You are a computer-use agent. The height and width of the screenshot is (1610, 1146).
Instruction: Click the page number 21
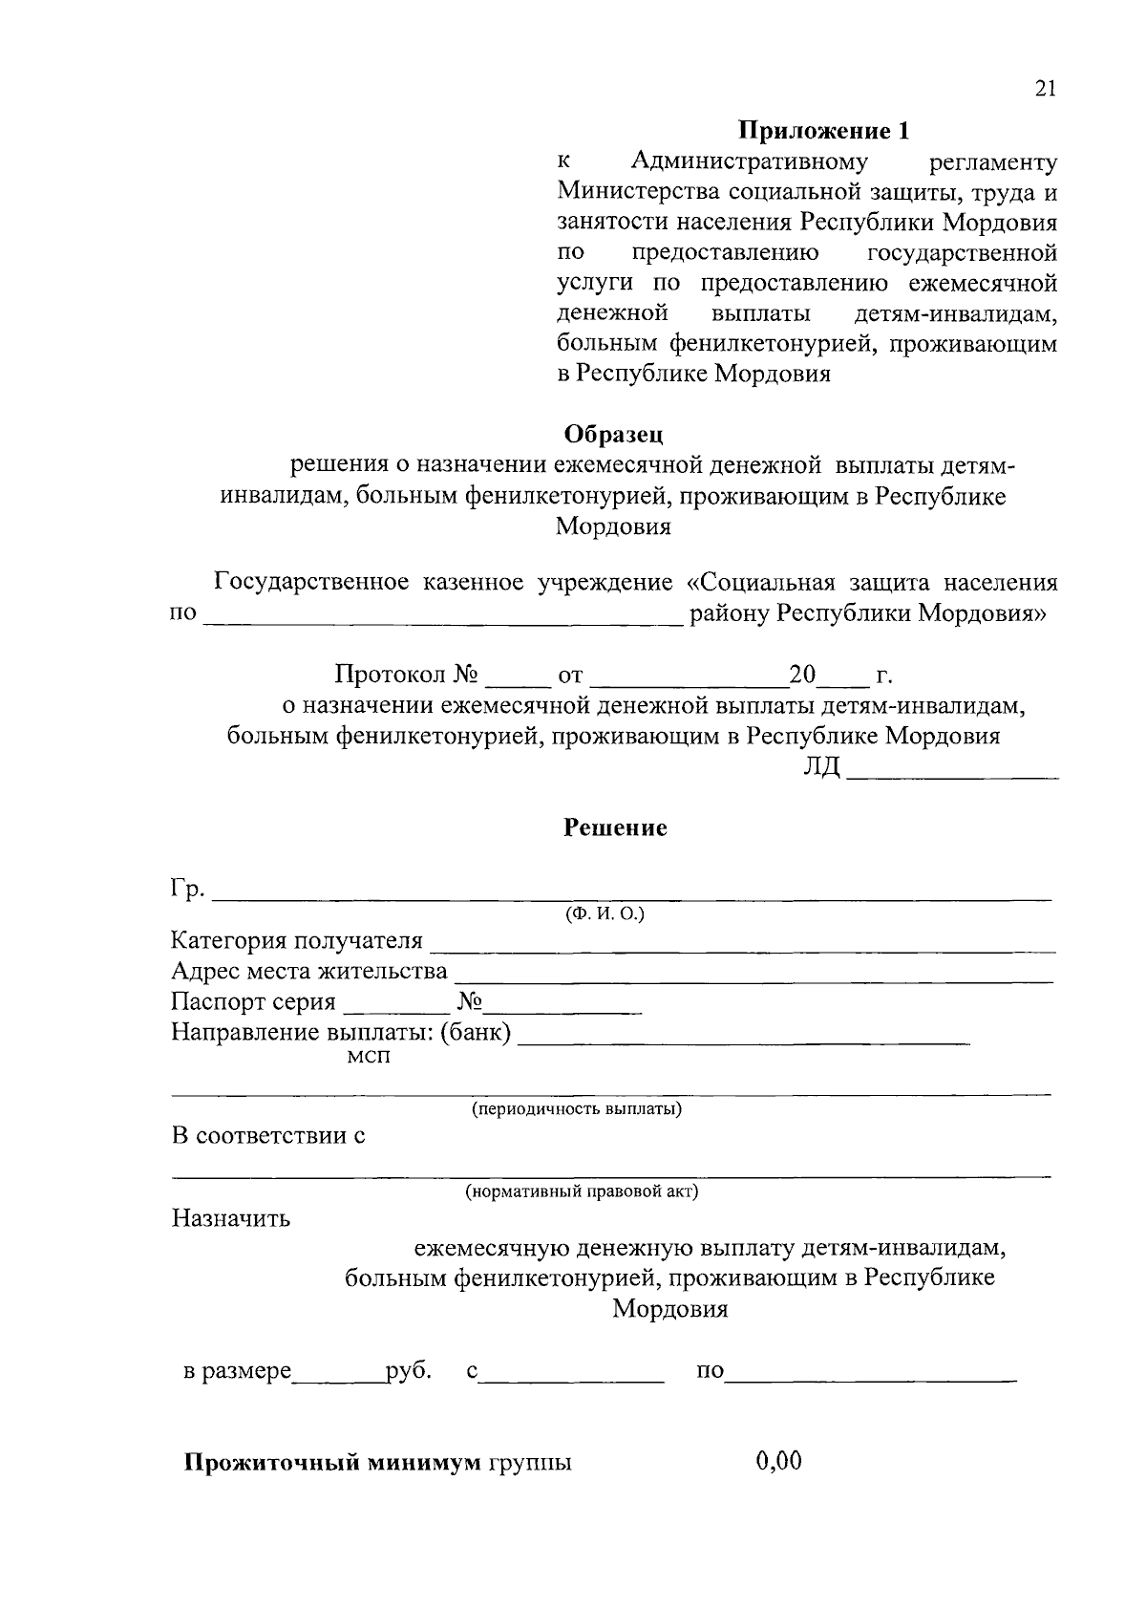[1045, 89]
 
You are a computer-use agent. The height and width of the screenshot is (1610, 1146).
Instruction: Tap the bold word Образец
[613, 435]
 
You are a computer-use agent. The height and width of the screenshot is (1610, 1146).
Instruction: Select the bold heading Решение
[614, 827]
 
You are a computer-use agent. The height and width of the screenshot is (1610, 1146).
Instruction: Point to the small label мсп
[369, 1057]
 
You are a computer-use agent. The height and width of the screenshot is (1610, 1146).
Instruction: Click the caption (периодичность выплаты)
[576, 1109]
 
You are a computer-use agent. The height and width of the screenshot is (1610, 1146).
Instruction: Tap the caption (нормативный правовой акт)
[582, 1191]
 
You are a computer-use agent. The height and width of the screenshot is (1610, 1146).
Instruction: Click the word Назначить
[231, 1219]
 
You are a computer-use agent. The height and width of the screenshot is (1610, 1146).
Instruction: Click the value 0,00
[778, 1461]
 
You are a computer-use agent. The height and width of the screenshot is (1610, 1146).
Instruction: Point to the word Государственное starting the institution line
[311, 583]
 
